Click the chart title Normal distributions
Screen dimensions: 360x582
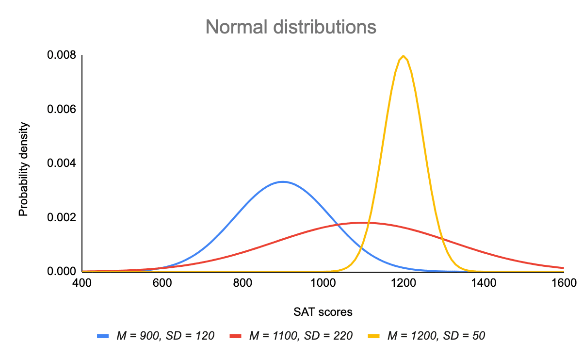click(291, 27)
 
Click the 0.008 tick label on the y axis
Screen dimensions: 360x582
click(61, 55)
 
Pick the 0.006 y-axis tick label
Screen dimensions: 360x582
click(61, 109)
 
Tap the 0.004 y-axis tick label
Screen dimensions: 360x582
click(61, 164)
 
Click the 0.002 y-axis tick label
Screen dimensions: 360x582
click(61, 217)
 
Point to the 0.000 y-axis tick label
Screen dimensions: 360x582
click(61, 271)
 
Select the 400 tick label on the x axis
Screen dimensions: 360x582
click(82, 282)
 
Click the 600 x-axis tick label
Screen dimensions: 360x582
click(162, 282)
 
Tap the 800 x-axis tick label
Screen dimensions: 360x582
click(242, 282)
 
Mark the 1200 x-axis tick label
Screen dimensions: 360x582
click(403, 282)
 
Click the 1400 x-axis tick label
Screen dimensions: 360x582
click(483, 282)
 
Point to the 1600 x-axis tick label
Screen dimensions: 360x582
click(563, 282)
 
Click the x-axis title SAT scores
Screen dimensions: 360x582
click(323, 312)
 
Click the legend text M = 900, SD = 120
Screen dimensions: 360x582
click(165, 335)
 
